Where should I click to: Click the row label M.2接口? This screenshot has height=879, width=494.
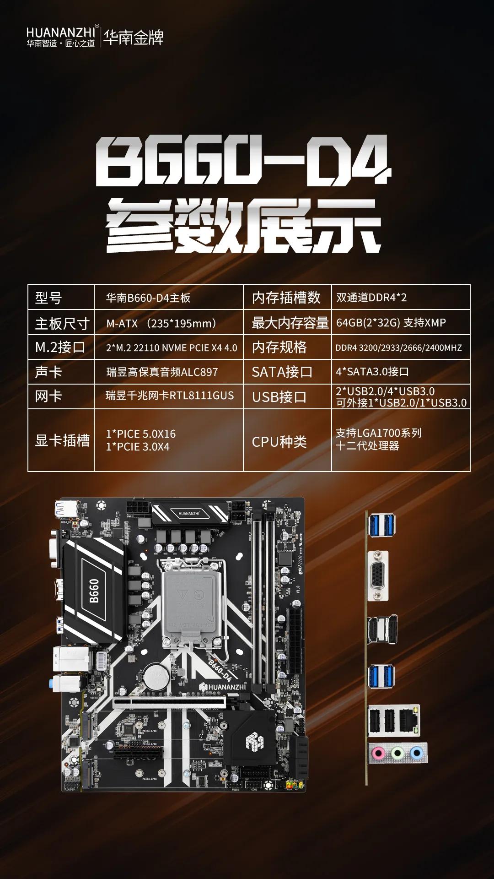point(60,347)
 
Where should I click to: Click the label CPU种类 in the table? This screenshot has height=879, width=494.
point(279,442)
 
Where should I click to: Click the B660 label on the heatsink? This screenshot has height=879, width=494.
point(94,591)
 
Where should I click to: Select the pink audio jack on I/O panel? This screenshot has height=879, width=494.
point(378,753)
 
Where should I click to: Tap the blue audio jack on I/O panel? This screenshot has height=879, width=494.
point(416,753)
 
